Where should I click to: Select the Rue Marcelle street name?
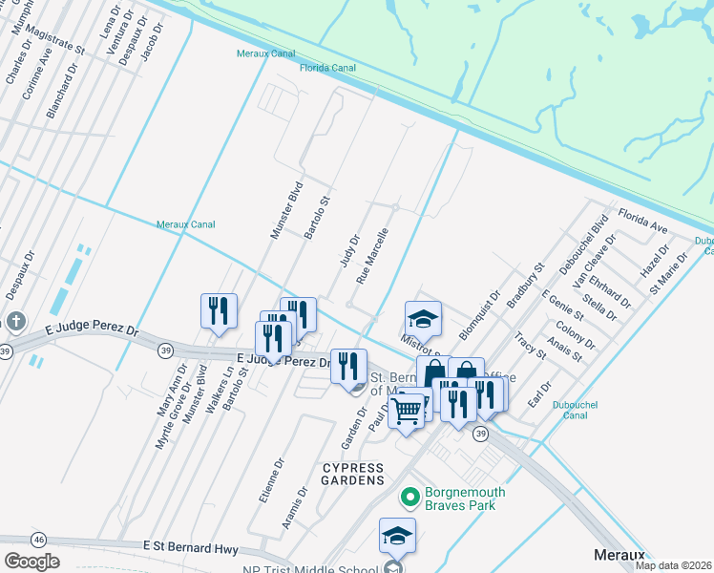point(372,256)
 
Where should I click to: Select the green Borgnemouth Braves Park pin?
point(410,497)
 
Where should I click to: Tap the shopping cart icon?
point(407,412)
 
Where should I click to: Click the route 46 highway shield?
point(38,540)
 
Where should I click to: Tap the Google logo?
point(31,562)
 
